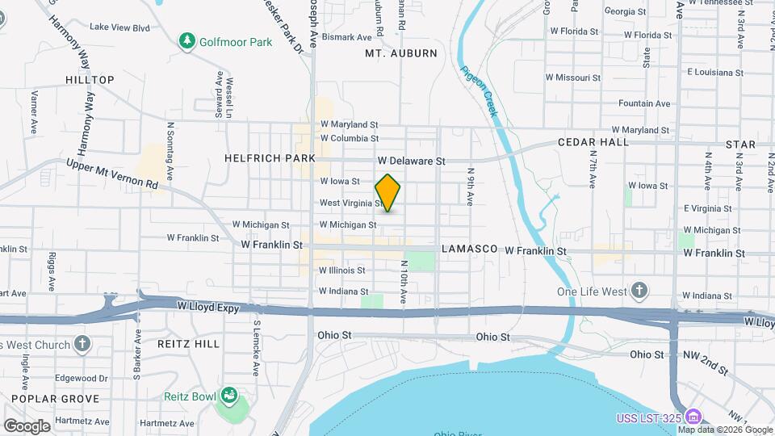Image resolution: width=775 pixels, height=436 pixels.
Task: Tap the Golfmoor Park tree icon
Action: point(187,40)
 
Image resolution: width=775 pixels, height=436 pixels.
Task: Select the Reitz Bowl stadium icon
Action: point(228,396)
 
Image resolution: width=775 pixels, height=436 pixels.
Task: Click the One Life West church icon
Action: point(639,291)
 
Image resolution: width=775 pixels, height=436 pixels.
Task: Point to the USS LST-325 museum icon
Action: point(692,417)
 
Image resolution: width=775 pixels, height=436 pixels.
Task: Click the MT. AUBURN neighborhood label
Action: point(401,53)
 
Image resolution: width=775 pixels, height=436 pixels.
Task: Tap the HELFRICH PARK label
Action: point(270,158)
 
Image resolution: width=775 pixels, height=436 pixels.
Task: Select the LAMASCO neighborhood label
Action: point(468,250)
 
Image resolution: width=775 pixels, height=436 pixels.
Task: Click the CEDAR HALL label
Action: point(593,142)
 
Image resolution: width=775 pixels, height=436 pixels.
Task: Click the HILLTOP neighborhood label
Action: point(90,80)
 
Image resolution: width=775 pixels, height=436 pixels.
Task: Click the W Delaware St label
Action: point(411,161)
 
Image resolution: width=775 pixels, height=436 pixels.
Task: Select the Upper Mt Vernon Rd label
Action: point(113,173)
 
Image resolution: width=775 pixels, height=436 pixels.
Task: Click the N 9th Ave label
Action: point(470,187)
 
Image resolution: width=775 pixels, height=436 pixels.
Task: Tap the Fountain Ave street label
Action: point(644,103)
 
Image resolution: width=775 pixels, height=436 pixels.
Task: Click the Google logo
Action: point(27,426)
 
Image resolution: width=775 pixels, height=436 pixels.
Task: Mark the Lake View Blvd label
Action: point(120,27)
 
